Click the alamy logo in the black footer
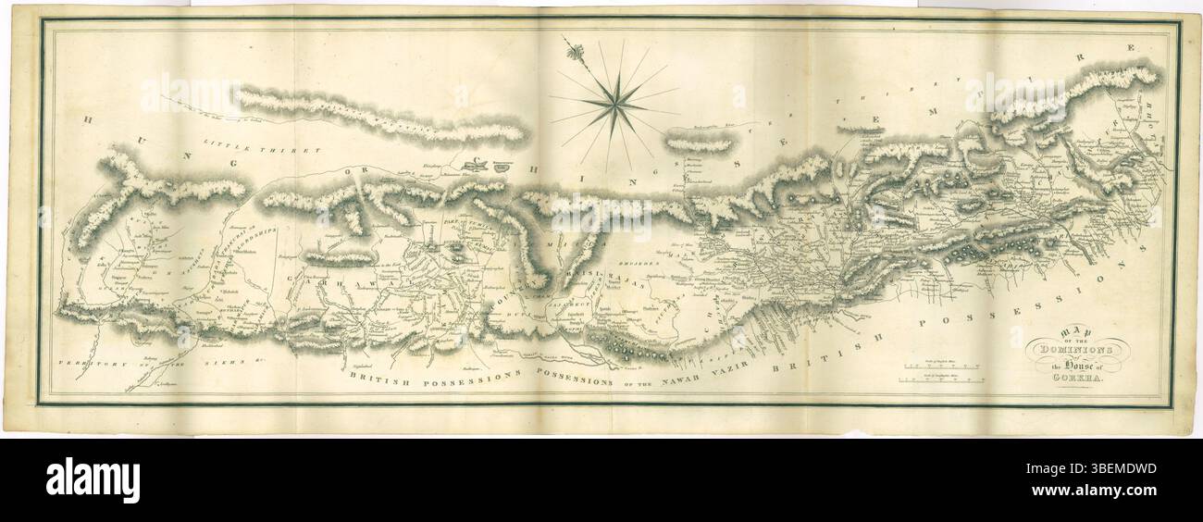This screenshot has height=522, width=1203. point(93,480)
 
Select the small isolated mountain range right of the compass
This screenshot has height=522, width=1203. point(701,143)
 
